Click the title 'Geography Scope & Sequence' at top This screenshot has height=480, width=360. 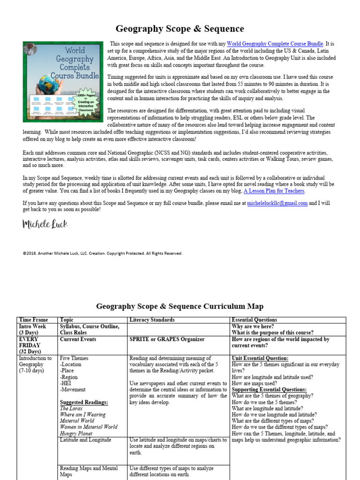(180, 29)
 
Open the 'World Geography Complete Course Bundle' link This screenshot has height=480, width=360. (275, 44)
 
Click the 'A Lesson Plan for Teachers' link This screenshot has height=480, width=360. (274, 191)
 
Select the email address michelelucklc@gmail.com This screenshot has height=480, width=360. (277, 203)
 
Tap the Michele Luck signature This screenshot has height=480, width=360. (45, 225)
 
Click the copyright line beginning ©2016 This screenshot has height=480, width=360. (102, 253)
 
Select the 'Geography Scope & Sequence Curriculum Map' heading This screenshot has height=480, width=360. (180, 307)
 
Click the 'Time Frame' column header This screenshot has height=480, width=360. (33, 320)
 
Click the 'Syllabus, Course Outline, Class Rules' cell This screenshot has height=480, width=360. (90, 330)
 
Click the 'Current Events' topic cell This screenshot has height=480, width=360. (78, 339)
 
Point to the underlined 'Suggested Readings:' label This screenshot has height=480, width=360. (84, 402)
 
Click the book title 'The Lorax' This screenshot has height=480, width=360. (71, 408)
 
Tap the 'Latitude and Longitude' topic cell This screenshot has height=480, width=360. (85, 440)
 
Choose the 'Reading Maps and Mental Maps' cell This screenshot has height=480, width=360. (89, 472)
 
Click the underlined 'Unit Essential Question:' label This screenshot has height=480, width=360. (260, 358)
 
